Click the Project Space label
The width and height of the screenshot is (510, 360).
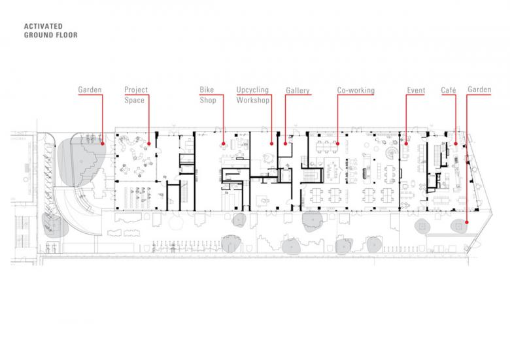tap(136, 95)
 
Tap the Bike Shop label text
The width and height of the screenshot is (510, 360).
tap(208, 95)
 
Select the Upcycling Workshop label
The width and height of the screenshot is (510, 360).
tap(253, 95)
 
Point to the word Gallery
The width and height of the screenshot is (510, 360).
tap(297, 91)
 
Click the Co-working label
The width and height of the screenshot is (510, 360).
tap(356, 90)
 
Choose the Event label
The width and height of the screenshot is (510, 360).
tap(416, 90)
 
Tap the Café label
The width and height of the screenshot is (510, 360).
tap(449, 90)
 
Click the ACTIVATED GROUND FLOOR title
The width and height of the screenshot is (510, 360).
tap(51, 31)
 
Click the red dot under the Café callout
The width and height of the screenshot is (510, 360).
tap(456, 144)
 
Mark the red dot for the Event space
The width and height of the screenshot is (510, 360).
tap(406, 144)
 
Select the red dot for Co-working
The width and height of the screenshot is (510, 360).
tap(337, 144)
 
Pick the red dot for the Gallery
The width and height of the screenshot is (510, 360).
tap(285, 144)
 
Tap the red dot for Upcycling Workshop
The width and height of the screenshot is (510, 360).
tap(271, 144)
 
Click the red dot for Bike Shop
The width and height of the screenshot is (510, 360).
tap(224, 144)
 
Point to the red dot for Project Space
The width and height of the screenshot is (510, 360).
tap(149, 144)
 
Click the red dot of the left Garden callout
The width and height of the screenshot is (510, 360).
tap(103, 143)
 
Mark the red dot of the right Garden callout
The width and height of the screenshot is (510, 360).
tap(467, 223)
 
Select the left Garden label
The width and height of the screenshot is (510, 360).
tap(90, 90)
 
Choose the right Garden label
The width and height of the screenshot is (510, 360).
tap(479, 90)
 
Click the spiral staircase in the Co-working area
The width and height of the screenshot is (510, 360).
tap(391, 152)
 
